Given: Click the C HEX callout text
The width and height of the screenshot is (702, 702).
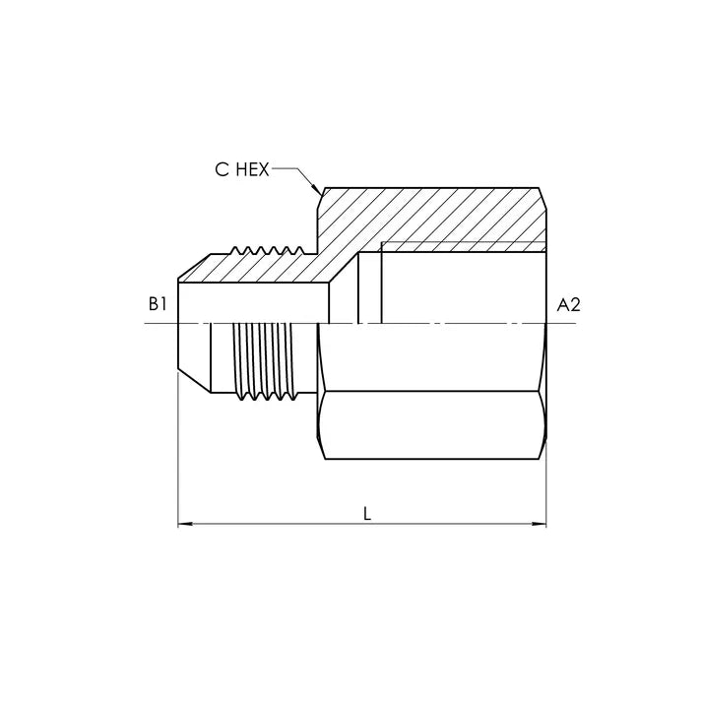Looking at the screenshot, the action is [242, 169].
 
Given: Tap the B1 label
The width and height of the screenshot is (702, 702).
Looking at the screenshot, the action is [158, 305].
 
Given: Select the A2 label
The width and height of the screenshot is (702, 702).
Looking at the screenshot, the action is [568, 305].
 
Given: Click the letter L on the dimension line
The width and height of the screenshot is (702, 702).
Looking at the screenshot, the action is [367, 514].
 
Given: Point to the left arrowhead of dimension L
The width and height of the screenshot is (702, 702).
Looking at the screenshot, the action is [185, 524].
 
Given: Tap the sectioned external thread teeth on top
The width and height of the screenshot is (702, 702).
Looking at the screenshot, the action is [266, 250].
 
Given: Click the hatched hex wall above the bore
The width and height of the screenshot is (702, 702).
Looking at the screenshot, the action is [430, 215].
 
